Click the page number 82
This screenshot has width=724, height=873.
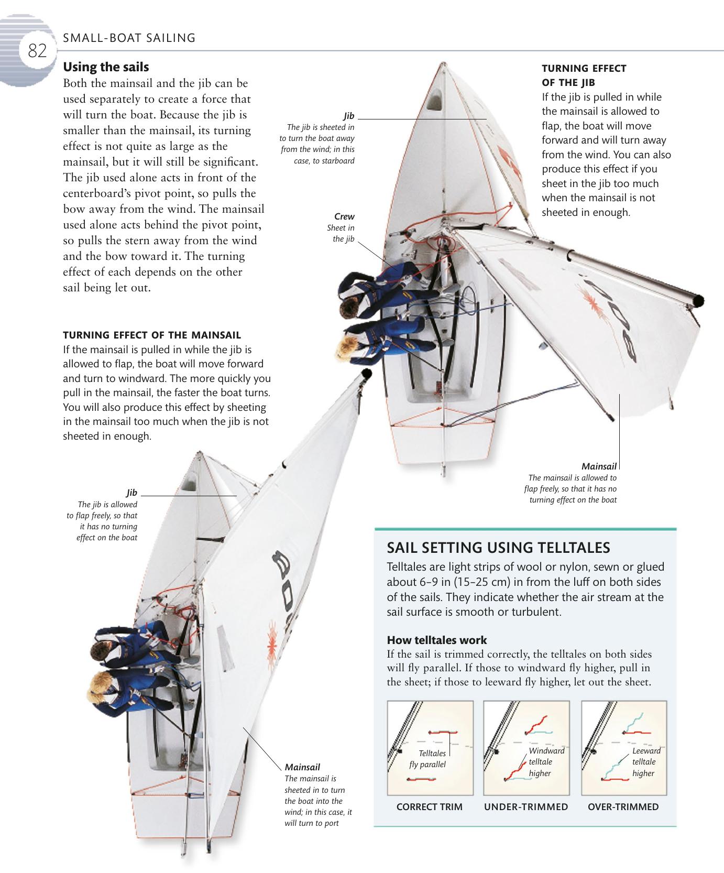(x=37, y=51)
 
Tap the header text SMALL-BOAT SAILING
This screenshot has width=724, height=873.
(x=129, y=38)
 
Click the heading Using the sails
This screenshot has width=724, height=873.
(x=106, y=67)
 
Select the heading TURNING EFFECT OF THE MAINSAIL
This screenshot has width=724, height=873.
(x=152, y=335)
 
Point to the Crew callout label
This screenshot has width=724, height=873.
(x=344, y=216)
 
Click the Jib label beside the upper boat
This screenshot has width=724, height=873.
(x=349, y=116)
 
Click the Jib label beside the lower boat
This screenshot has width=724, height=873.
(x=131, y=493)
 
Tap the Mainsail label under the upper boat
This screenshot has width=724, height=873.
(x=599, y=466)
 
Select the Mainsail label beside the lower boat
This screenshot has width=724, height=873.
(x=302, y=767)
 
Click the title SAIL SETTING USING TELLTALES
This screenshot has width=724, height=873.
(x=498, y=548)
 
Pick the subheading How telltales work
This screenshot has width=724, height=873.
(x=436, y=640)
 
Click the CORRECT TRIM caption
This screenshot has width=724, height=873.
(x=430, y=807)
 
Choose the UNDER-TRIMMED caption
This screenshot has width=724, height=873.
(x=526, y=807)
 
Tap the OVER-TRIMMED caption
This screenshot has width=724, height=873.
(x=623, y=807)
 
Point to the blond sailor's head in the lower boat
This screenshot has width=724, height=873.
(x=100, y=684)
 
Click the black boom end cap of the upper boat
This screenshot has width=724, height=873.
(x=698, y=301)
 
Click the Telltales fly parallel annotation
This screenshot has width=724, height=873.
(x=428, y=759)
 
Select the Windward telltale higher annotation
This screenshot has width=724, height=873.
(x=545, y=762)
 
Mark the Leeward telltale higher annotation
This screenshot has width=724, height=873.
(x=645, y=762)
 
